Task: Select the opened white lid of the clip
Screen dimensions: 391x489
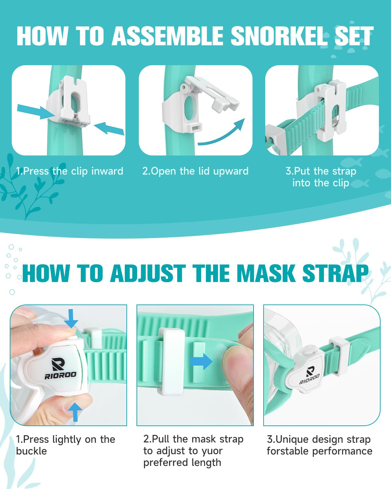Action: [211, 93]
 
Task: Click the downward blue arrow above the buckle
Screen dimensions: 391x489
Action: [71, 319]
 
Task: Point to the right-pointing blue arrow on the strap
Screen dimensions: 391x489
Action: [201, 361]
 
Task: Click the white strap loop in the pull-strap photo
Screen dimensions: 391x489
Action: [171, 361]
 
